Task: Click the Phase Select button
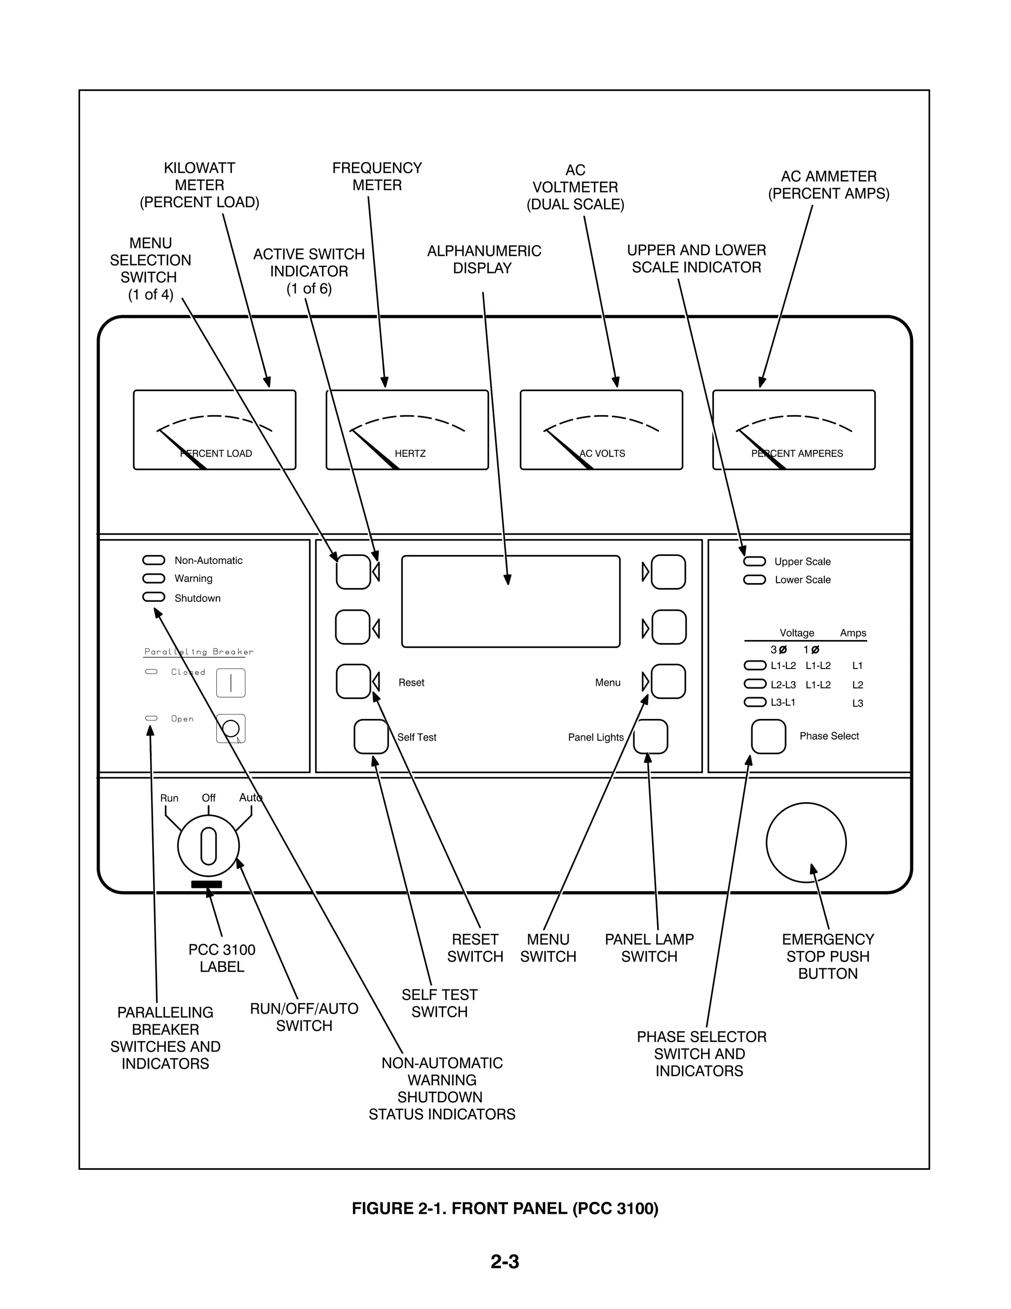[768, 736]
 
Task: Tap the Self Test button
[371, 737]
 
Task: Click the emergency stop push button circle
[806, 843]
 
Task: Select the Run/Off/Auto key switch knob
[208, 846]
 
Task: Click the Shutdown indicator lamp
[154, 597]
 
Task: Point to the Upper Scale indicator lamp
[754, 561]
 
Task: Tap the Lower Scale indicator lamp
[754, 580]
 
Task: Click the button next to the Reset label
[353, 681]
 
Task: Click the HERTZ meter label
[410, 454]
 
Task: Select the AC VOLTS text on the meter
[602, 454]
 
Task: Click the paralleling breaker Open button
[231, 728]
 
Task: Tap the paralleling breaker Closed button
[231, 683]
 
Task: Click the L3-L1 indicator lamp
[754, 702]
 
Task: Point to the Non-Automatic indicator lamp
[154, 560]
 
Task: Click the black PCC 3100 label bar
[206, 884]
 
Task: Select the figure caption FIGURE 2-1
[505, 1208]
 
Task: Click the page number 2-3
[505, 1262]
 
